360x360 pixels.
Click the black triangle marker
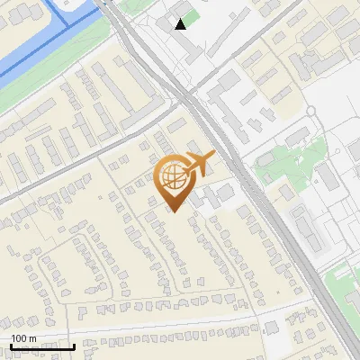point(181,24)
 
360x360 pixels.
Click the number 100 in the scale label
point(20,338)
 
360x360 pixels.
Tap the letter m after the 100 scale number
point(33,338)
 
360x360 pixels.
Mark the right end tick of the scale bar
point(74,346)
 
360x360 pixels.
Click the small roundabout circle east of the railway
point(310,111)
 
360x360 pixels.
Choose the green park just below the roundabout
point(288,162)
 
